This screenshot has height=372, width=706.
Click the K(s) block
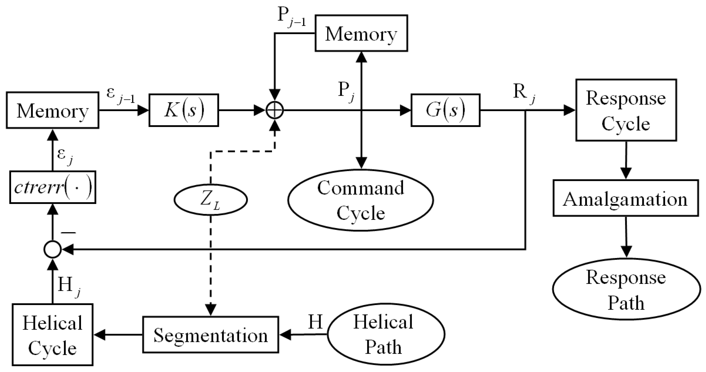click(x=184, y=110)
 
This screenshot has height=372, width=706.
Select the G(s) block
click(x=445, y=110)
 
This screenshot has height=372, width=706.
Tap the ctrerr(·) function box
click(x=53, y=187)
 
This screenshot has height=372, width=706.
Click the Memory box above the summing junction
click(x=361, y=33)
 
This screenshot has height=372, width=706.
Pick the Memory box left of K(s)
click(x=52, y=110)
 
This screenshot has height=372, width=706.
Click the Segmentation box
click(x=210, y=335)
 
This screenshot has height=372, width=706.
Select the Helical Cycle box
click(x=52, y=335)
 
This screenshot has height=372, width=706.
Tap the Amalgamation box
click(x=626, y=198)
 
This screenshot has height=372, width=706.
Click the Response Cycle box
click(x=626, y=110)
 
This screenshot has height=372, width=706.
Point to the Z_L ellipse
click(x=210, y=200)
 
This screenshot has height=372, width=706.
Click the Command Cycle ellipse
click(x=361, y=200)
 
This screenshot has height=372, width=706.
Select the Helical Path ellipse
click(x=386, y=334)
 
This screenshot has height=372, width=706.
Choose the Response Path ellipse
click(x=626, y=289)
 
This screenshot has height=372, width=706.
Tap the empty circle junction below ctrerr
click(x=52, y=249)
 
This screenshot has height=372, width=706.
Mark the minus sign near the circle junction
click(x=68, y=233)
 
